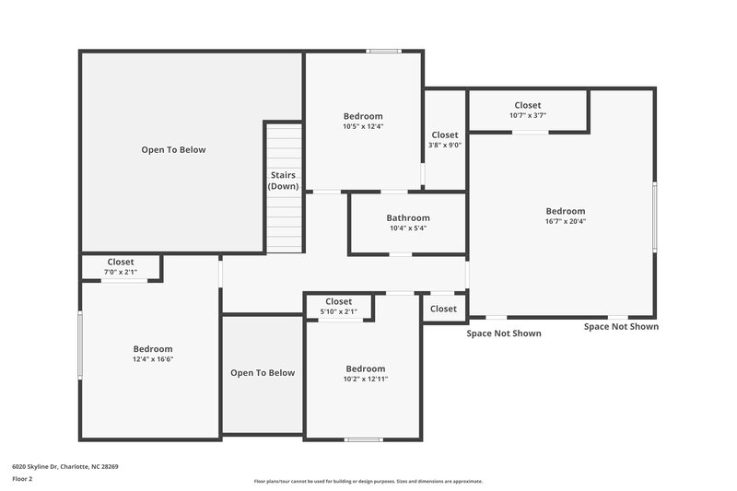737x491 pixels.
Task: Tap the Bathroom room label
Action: tap(407, 217)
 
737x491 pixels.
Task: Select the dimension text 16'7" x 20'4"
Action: tap(565, 221)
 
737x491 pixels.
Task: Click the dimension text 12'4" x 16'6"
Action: tap(153, 359)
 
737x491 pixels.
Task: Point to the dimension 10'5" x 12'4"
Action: tap(362, 126)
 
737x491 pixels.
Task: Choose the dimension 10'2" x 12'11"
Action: tap(366, 379)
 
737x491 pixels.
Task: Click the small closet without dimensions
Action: tap(443, 309)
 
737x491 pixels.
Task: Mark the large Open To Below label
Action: tap(173, 149)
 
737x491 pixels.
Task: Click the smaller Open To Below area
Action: tap(263, 373)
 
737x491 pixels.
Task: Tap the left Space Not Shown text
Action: tap(504, 333)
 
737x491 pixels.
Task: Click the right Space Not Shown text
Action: tap(621, 326)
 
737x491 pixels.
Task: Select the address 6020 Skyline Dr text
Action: tap(65, 466)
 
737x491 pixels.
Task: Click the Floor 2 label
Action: tap(22, 479)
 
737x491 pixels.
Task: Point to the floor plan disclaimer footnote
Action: tap(368, 481)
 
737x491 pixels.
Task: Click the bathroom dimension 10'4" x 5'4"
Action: tap(407, 228)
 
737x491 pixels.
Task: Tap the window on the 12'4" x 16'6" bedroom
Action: tap(80, 345)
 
